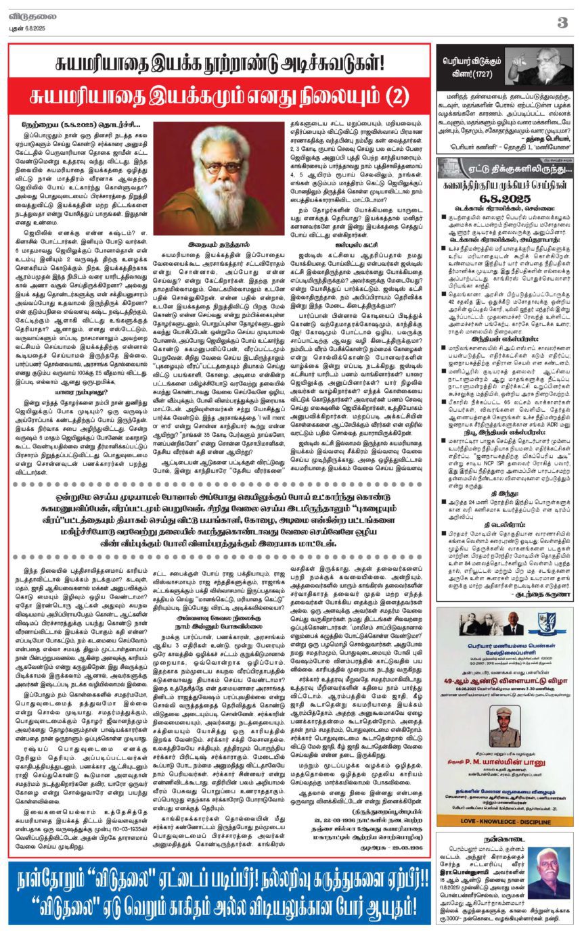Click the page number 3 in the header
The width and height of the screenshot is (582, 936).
562,22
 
